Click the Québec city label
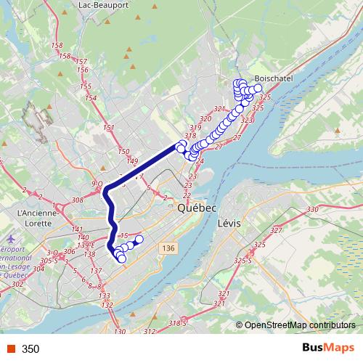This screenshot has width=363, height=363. coord(197,208)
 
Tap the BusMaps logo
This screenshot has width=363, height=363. coord(329,348)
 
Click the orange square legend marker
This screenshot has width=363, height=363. coord(10,349)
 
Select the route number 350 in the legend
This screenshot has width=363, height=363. coord(31,349)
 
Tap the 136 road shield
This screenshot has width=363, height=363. coord(169,248)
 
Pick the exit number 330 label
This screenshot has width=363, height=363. coord(314,210)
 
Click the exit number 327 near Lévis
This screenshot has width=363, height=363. coord(276,231)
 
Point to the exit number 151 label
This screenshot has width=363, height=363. coord(110,128)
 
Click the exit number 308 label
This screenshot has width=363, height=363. coord(78,200)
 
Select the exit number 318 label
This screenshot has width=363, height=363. coord(191,136)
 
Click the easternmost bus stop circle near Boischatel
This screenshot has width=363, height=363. coord(258,88)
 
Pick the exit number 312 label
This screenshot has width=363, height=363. coord(149,332)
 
